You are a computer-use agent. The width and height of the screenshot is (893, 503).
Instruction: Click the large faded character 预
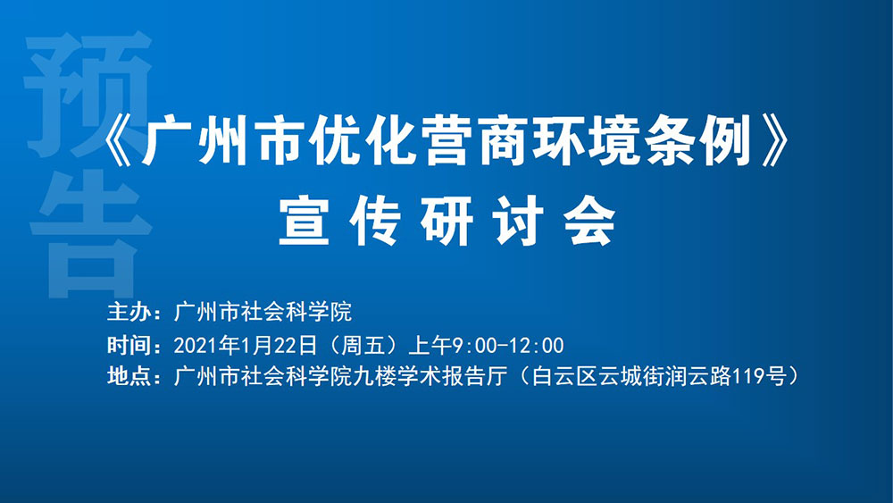pyautogui.click(x=88, y=94)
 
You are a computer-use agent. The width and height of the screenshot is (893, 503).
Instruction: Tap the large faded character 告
pyautogui.click(x=91, y=233)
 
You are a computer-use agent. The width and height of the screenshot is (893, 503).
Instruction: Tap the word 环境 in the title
pyautogui.click(x=580, y=141)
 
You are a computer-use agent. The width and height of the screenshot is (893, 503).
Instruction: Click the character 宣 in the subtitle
pyautogui.click(x=305, y=221)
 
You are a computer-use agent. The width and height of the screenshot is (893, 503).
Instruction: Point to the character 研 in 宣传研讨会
pyautogui.click(x=446, y=221)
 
